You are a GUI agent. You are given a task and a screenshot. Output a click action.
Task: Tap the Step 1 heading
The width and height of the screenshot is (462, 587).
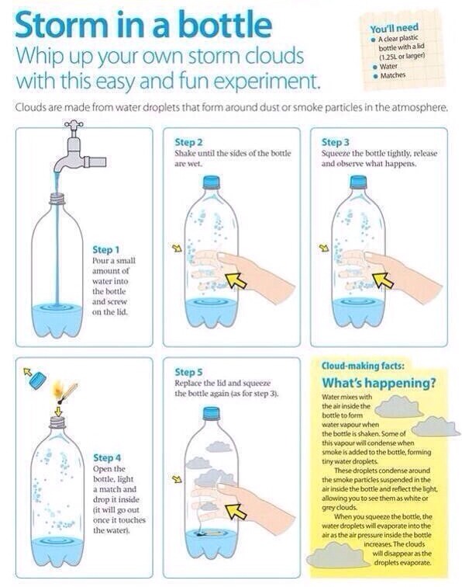pyautogui.click(x=106, y=250)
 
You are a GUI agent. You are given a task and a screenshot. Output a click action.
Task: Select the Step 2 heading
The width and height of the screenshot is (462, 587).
pyautogui.click(x=189, y=143)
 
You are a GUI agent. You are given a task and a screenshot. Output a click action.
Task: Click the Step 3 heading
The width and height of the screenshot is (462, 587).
pyautogui.click(x=335, y=143)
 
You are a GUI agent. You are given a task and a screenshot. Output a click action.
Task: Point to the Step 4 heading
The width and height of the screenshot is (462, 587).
pyautogui.click(x=107, y=458)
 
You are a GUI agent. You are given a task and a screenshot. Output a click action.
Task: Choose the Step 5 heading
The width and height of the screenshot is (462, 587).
pyautogui.click(x=189, y=373)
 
